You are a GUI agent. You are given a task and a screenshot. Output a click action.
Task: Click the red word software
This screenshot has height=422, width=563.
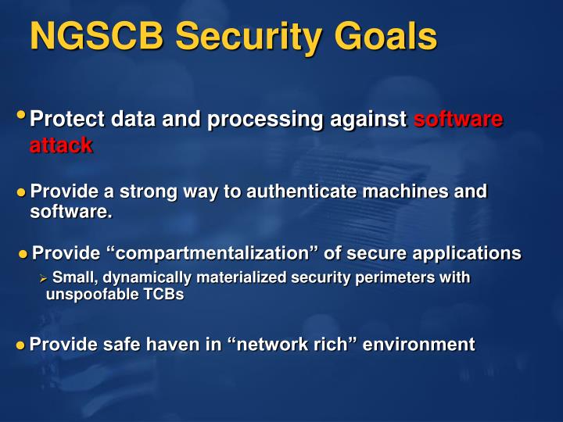point(457,120)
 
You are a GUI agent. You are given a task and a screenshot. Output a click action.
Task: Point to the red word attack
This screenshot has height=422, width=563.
point(61,145)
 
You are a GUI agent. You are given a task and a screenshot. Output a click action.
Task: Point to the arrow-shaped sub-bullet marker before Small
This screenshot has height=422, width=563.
point(44,277)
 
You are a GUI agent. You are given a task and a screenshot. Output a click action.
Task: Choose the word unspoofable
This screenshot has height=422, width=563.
point(88,295)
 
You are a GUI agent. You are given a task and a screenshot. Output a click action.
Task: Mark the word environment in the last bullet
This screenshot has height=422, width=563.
point(420,345)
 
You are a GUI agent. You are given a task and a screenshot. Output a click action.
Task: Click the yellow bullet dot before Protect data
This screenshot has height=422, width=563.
point(22,116)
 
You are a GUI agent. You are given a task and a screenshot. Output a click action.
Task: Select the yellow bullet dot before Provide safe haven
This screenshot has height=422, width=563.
point(21,345)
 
